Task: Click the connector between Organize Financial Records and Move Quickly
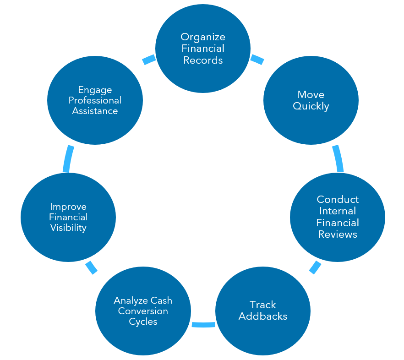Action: [x=257, y=59]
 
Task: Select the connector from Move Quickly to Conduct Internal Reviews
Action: [x=338, y=158]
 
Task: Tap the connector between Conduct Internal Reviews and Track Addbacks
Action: [x=315, y=267]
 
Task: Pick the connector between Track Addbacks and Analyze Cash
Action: [x=203, y=324]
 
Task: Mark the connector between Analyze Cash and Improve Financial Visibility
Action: [x=91, y=267]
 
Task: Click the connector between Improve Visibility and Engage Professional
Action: [x=67, y=158]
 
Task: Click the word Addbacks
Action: [x=263, y=316]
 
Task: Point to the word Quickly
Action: [x=311, y=106]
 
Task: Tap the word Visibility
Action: [x=68, y=228]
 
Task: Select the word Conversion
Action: [x=143, y=311]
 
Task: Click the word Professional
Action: [x=95, y=100]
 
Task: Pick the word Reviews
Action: [x=338, y=234]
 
